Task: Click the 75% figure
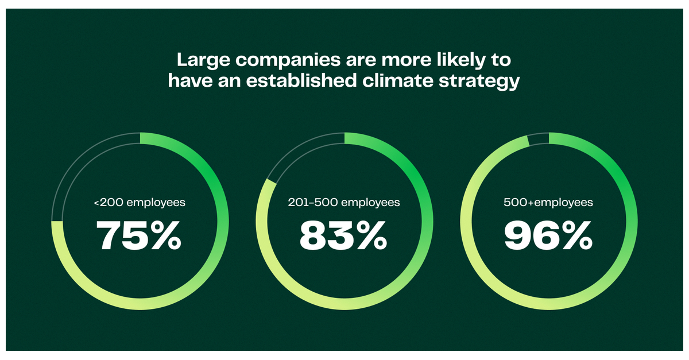(138, 236)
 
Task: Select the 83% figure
(343, 236)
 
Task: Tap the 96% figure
(548, 236)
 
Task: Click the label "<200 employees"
(140, 203)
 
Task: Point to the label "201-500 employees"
(343, 203)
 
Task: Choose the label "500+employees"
(548, 203)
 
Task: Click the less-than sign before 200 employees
(96, 203)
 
